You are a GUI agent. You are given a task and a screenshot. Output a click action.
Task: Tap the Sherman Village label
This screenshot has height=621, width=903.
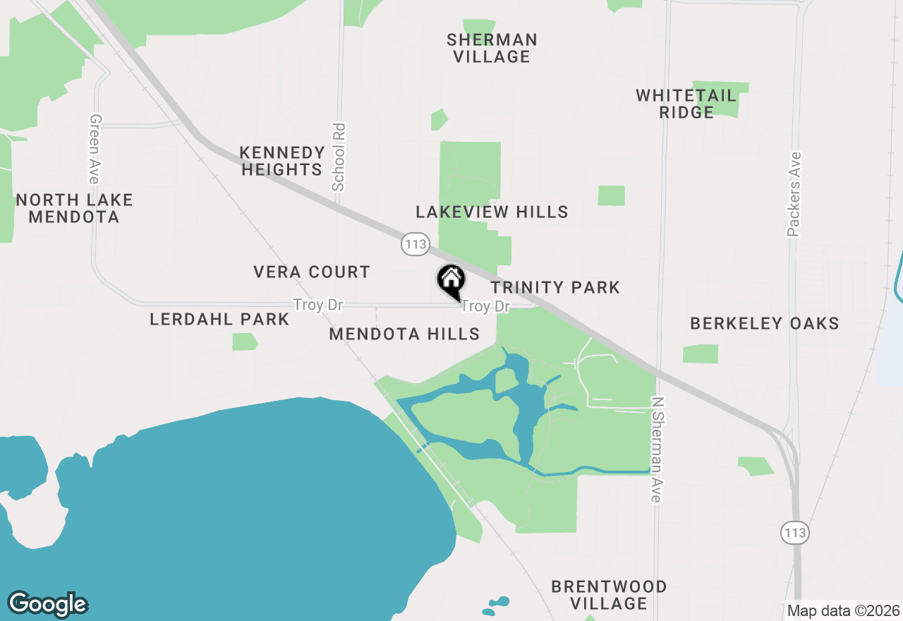pos(492,48)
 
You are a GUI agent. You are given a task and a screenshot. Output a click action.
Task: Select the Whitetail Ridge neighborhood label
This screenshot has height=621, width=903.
pos(686,104)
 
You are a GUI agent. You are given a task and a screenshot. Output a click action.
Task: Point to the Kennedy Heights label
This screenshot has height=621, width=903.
pos(282,161)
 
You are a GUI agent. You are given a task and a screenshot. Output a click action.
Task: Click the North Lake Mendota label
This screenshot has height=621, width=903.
pos(74,208)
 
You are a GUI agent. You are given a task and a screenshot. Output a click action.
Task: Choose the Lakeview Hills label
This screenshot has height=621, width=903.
pos(492,212)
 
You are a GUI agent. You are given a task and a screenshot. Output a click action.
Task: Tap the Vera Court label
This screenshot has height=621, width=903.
pos(312,272)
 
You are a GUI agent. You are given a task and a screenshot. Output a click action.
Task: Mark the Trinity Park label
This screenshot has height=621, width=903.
pos(555,287)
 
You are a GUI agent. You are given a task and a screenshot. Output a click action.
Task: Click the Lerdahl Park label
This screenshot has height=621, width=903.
pos(219,319)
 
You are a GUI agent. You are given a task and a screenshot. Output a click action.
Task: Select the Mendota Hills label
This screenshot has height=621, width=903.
pos(404,334)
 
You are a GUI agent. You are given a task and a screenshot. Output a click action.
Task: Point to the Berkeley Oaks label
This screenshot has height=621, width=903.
pos(765,323)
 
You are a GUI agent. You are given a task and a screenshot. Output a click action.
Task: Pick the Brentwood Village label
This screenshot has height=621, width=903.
pos(609,595)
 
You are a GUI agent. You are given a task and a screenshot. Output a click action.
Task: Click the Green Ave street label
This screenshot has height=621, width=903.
pos(95,150)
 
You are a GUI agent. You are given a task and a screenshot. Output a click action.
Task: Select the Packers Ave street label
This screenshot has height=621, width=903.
pos(795,193)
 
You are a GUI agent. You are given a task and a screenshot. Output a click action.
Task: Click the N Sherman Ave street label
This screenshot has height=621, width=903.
pos(657,450)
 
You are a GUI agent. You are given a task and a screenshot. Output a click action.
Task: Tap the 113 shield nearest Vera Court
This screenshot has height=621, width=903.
pos(415,245)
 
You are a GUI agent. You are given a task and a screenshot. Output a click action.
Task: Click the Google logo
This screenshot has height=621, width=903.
pos(47,604)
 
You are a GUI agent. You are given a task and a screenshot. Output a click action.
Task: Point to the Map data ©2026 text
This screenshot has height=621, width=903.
pos(843,610)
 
